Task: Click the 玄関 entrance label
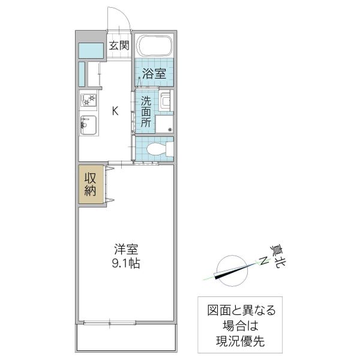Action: coord(119,45)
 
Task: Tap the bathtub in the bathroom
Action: coord(154,45)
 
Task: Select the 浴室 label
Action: coord(154,74)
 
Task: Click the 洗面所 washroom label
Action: coord(146,111)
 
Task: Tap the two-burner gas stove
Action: coord(88,101)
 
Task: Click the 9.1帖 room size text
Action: coord(126,263)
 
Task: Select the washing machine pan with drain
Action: coord(164,124)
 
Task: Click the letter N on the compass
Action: coord(262,260)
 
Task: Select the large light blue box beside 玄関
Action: coord(92,51)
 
